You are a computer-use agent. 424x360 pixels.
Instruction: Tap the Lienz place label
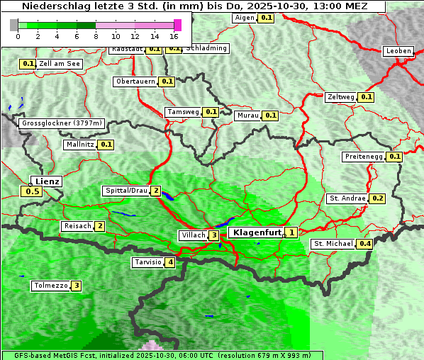[48, 181]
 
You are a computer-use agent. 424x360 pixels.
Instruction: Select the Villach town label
[193, 235]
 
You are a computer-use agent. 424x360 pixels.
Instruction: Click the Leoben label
[398, 51]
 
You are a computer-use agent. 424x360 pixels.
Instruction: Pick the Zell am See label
[60, 64]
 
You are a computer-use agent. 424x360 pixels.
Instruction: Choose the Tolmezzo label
[50, 286]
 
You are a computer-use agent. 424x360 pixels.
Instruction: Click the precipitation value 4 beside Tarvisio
[170, 263]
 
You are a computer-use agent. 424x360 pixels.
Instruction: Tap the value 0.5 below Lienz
[32, 191]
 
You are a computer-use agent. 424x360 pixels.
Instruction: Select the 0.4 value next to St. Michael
[365, 244]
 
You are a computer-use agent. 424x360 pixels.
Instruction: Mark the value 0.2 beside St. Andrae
[377, 198]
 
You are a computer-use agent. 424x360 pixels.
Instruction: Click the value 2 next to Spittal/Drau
[155, 191]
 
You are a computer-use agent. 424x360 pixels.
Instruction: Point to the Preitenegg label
[364, 157]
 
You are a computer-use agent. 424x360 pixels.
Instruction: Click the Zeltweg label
[341, 97]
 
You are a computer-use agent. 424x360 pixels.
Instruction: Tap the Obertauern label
[135, 81]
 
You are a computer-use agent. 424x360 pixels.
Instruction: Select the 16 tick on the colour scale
[174, 36]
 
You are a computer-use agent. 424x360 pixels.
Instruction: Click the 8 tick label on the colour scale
[96, 36]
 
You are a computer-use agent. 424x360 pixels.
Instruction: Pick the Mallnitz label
[79, 145]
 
